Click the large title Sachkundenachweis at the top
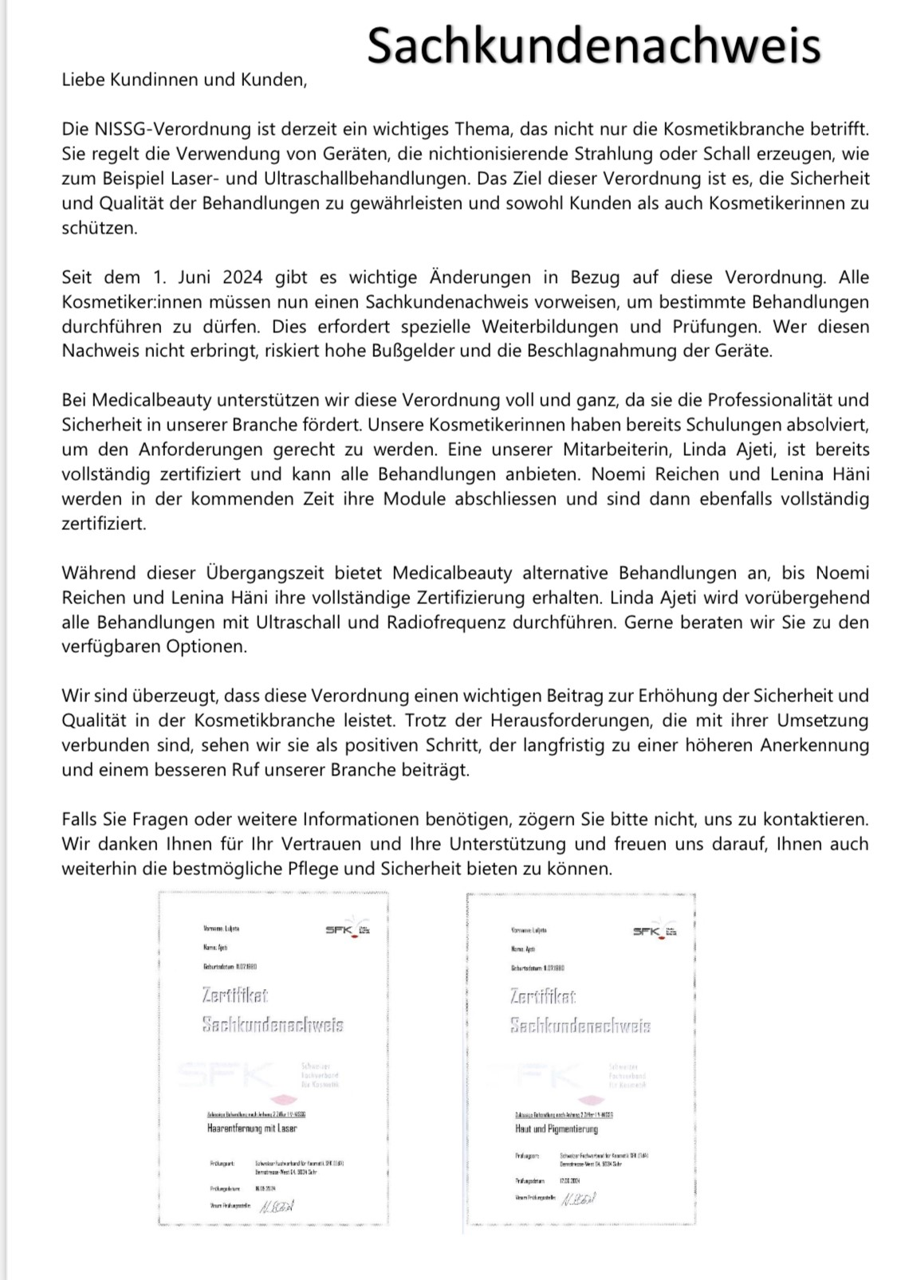pos(593,45)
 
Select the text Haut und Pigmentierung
pos(555,1129)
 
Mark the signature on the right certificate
pos(579,1199)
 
